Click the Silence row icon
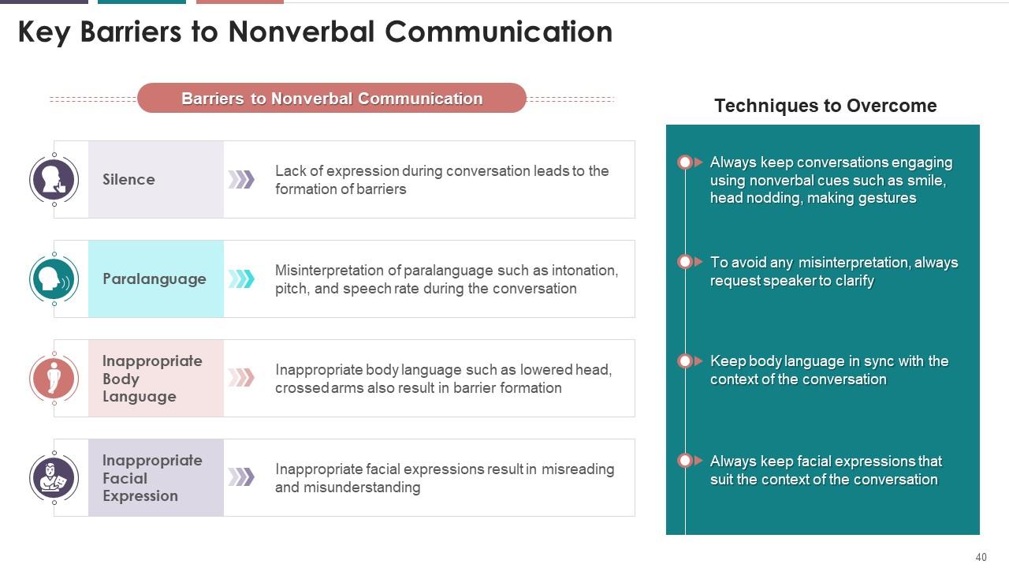coord(54,180)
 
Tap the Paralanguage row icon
coord(54,279)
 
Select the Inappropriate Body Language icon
coord(54,379)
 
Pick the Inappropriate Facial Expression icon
coord(54,478)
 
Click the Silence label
coord(128,180)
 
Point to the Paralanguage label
coord(155,279)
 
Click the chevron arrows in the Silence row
coord(241,180)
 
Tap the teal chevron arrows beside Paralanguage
coord(241,279)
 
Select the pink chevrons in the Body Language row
coord(241,378)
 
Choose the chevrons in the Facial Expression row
coord(241,477)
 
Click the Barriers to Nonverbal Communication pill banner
coord(332,99)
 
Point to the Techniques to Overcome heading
coord(825,106)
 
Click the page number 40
coord(981,558)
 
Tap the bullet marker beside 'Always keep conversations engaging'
coord(686,163)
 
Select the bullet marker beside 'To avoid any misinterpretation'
coord(686,262)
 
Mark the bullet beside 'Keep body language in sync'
coord(686,361)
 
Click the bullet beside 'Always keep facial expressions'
coord(686,461)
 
